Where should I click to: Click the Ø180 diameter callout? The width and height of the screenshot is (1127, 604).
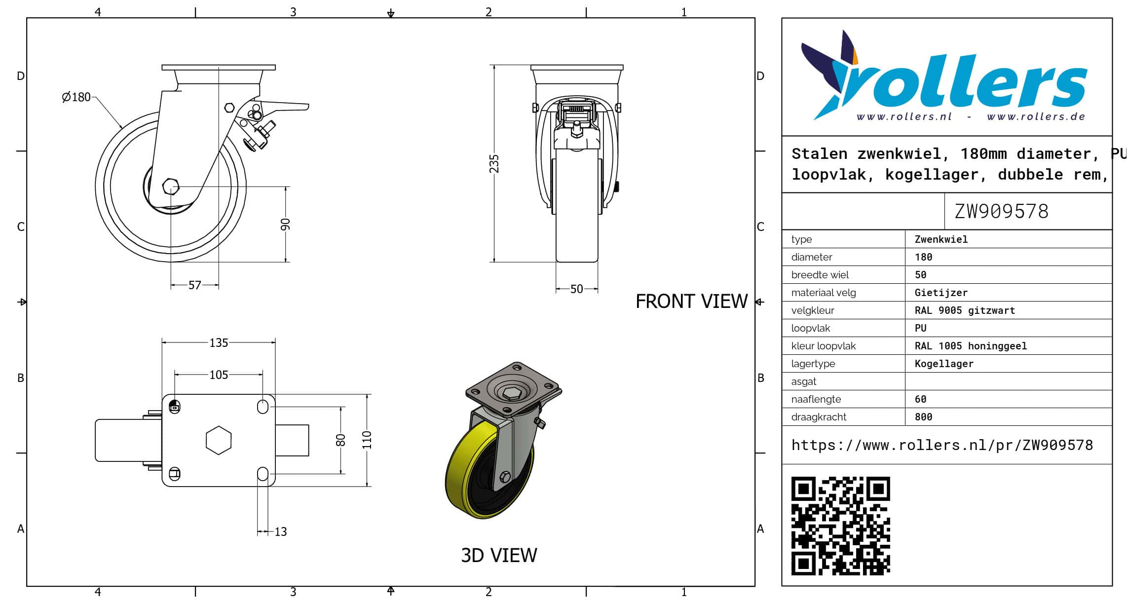(x=76, y=97)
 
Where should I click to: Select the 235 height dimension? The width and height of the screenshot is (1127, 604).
(x=494, y=164)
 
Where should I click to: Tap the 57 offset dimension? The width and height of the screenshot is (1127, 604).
(x=195, y=285)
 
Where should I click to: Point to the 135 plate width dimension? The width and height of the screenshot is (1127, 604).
(x=219, y=343)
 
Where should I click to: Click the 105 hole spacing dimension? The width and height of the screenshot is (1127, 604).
(x=219, y=375)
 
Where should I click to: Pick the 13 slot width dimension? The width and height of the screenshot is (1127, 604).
(x=280, y=532)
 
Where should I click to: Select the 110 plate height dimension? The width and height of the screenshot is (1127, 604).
(x=367, y=440)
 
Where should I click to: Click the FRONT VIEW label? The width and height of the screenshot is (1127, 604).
(x=691, y=302)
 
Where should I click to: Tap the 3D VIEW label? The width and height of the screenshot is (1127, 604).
(x=499, y=556)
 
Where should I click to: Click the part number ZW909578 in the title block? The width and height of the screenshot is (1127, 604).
(x=1001, y=212)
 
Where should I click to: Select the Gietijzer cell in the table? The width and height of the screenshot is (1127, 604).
(x=941, y=293)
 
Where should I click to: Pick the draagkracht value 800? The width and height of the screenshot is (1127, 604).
(x=923, y=417)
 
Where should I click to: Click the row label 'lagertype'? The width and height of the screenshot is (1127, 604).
(x=813, y=364)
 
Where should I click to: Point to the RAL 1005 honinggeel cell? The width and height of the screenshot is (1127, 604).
(x=971, y=346)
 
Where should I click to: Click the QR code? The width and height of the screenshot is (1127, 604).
(x=840, y=526)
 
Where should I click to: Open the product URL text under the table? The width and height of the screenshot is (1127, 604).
(x=942, y=445)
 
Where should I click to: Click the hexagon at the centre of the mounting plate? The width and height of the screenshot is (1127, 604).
(x=219, y=440)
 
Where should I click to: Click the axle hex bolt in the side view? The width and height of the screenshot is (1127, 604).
(x=171, y=187)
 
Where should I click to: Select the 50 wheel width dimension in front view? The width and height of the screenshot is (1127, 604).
(x=576, y=289)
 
